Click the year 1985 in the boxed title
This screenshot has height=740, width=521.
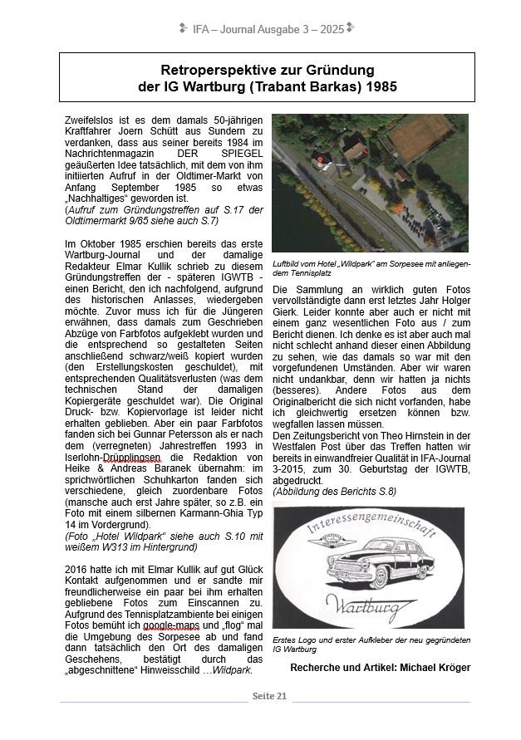(380, 86)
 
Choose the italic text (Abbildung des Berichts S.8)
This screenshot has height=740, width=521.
(334, 492)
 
